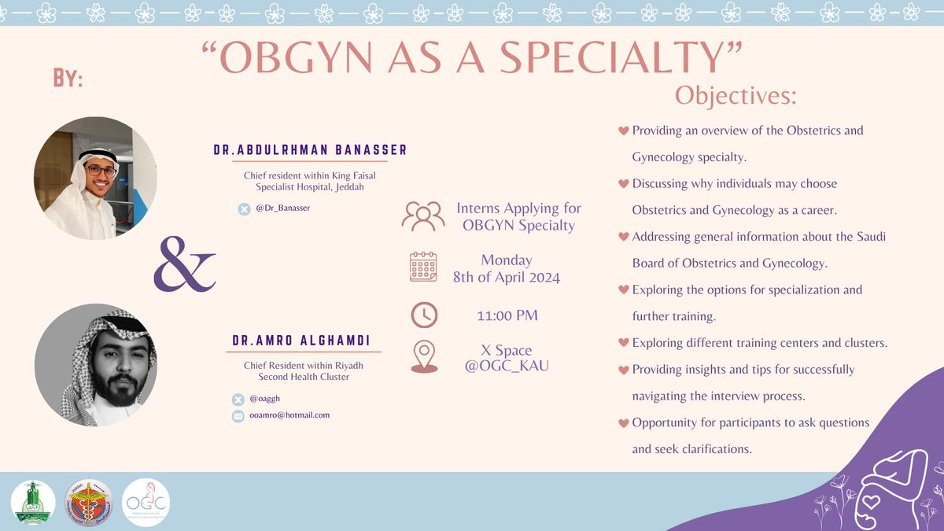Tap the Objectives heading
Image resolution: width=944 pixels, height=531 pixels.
(x=736, y=95)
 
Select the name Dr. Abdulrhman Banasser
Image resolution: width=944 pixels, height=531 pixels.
(x=310, y=150)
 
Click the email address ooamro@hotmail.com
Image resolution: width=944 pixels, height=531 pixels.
(x=289, y=415)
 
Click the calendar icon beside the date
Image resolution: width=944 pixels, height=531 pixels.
(x=423, y=267)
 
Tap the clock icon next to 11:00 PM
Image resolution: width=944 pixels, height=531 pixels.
(x=424, y=315)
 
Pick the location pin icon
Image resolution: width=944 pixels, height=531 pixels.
(x=423, y=357)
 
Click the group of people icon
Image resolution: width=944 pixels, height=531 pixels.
(x=422, y=216)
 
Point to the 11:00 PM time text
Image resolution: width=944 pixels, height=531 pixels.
(x=507, y=315)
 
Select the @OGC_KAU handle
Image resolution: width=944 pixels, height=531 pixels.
(x=507, y=366)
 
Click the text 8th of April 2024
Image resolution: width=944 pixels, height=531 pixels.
(x=507, y=277)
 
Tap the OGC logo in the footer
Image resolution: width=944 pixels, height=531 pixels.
(x=146, y=503)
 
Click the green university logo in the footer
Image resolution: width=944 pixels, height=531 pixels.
(x=33, y=503)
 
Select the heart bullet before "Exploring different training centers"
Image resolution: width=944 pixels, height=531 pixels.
(x=624, y=343)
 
